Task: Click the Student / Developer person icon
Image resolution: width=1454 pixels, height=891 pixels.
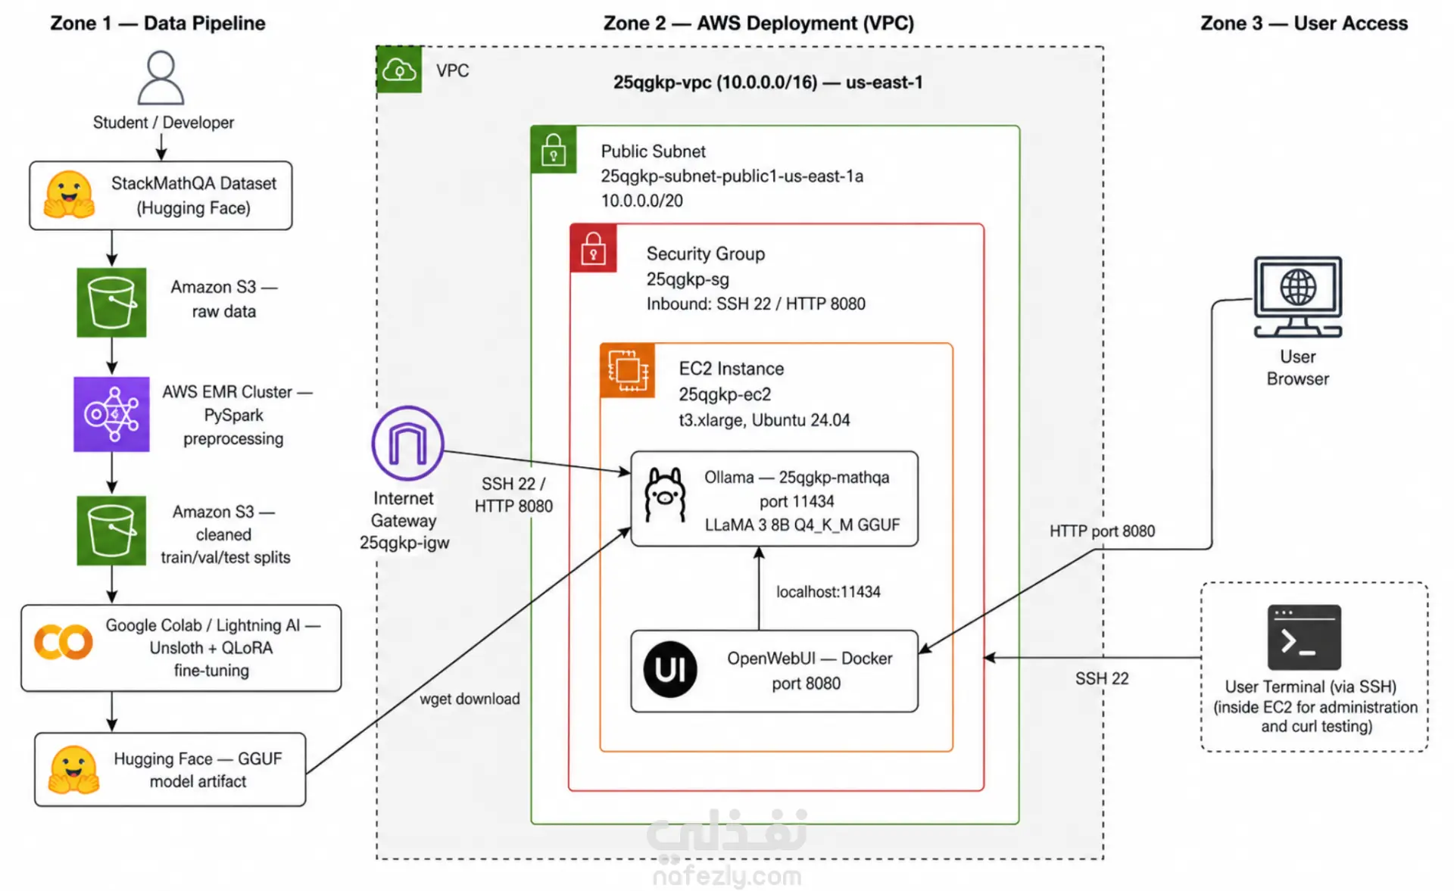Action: tap(161, 78)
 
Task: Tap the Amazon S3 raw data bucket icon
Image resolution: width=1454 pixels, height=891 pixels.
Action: tap(111, 302)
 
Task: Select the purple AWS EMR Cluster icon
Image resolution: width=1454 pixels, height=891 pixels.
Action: tap(111, 414)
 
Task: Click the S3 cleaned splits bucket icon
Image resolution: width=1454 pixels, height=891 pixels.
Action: tap(111, 530)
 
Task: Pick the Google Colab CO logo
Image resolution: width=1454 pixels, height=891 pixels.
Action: tap(64, 643)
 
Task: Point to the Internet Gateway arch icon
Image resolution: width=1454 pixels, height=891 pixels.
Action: tap(407, 443)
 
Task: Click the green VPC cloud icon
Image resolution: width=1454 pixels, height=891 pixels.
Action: tap(399, 70)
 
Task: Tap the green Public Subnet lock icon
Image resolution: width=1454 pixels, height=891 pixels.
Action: tap(554, 149)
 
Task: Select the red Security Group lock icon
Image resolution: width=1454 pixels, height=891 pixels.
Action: tap(593, 248)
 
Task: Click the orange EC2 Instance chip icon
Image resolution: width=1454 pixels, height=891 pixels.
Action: tap(627, 370)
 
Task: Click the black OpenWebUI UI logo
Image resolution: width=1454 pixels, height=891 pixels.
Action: tap(670, 670)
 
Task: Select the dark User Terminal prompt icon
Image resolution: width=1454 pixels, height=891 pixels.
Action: tap(1304, 637)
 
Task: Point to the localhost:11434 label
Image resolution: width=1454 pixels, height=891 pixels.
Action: tap(828, 592)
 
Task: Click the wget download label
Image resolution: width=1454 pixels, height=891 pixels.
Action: tap(470, 699)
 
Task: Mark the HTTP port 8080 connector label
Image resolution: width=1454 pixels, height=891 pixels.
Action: tap(1102, 531)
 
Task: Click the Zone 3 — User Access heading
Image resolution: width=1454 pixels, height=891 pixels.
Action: tap(1304, 23)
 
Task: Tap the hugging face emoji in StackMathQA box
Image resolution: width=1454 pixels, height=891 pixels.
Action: tap(69, 195)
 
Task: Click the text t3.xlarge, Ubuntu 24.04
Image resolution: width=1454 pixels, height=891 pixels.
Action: tap(764, 420)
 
